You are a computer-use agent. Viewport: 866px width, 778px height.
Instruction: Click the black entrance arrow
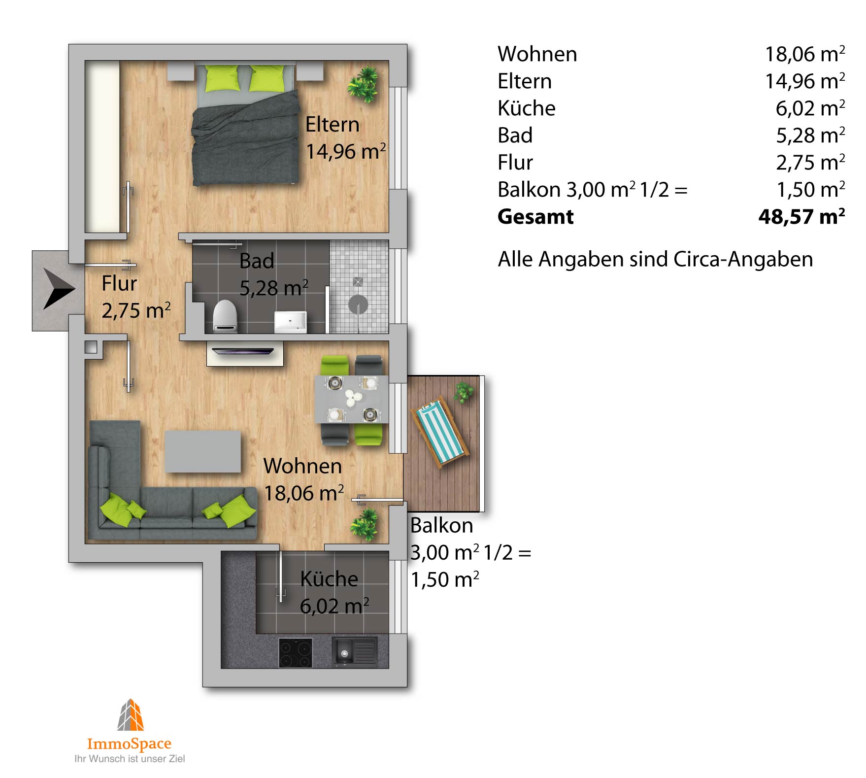click(x=57, y=289)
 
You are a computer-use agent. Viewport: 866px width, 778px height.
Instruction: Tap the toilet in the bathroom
click(x=225, y=315)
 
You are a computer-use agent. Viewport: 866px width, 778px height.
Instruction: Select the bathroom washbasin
click(x=290, y=322)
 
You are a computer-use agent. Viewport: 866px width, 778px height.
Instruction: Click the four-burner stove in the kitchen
click(x=296, y=653)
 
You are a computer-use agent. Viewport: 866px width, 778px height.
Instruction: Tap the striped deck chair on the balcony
click(x=441, y=434)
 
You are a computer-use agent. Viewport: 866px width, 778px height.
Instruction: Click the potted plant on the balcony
click(x=463, y=393)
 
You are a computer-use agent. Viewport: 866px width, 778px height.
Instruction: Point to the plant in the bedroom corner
click(x=363, y=85)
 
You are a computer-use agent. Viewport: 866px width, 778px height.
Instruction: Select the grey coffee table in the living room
click(x=203, y=451)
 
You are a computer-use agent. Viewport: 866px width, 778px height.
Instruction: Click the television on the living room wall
click(x=243, y=351)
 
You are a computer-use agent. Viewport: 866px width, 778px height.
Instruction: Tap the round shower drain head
click(x=358, y=304)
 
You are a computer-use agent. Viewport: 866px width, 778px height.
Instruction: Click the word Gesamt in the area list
click(x=535, y=217)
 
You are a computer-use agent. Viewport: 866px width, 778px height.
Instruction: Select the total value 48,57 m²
click(x=801, y=216)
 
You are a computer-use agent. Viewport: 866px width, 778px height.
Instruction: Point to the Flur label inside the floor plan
click(x=119, y=283)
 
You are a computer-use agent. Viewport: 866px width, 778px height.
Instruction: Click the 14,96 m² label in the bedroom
click(x=345, y=151)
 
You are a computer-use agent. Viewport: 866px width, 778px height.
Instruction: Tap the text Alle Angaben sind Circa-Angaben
click(x=655, y=259)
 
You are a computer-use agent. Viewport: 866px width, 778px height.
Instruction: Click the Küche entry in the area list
click(x=526, y=108)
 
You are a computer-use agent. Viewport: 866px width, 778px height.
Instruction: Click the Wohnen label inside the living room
click(x=302, y=466)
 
